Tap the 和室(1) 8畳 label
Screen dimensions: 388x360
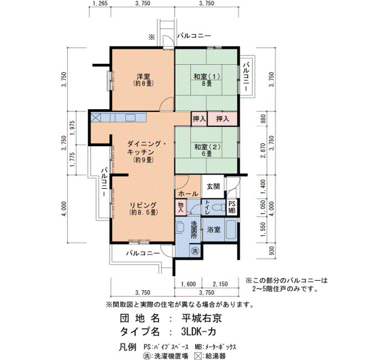tap(207, 80)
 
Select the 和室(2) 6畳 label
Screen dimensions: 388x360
tap(207, 150)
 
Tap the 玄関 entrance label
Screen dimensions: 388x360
tap(213, 186)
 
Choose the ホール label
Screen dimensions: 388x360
tap(188, 194)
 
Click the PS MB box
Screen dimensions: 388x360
tap(232, 207)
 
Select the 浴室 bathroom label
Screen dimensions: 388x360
tap(213, 230)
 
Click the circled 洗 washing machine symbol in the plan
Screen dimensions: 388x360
tap(195, 251)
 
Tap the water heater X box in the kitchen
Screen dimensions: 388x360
tap(96, 117)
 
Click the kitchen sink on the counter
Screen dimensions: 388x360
tap(130, 117)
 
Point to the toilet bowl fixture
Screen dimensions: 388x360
tap(218, 207)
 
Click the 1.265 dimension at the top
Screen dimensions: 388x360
tap(100, 3)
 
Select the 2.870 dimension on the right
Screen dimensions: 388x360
tap(263, 150)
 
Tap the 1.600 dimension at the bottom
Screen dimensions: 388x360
tap(188, 284)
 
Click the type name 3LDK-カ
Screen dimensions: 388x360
tap(198, 332)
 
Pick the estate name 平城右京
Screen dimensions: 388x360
tap(201, 318)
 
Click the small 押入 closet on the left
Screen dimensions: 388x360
tap(199, 119)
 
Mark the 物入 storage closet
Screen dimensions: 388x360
tap(181, 207)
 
